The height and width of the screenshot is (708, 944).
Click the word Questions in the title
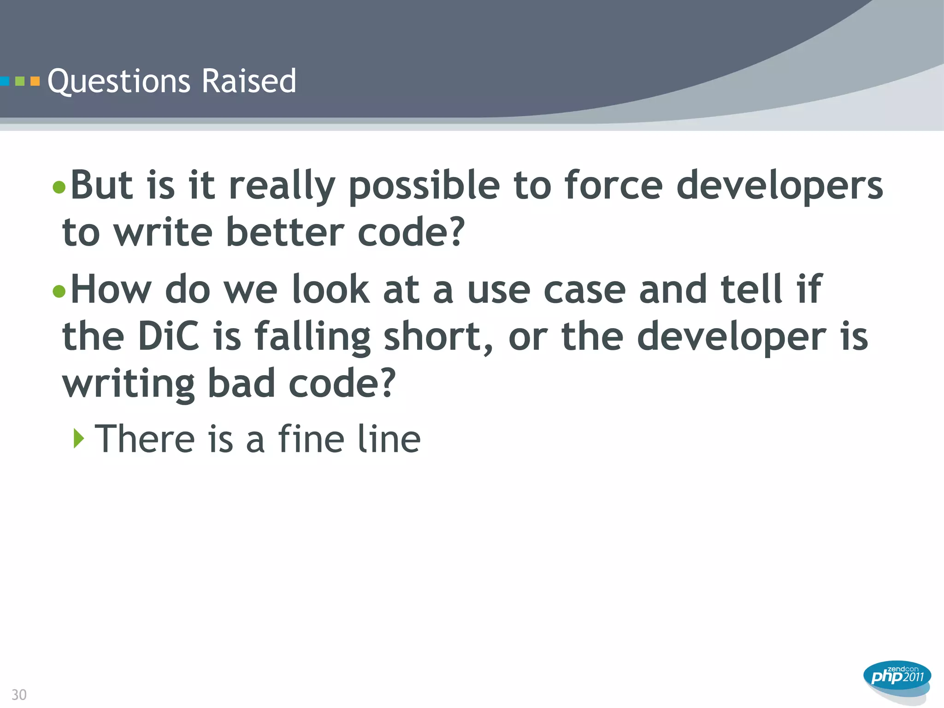[x=118, y=82]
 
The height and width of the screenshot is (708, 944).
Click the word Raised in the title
[x=248, y=81]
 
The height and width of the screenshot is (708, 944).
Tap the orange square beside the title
[x=35, y=82]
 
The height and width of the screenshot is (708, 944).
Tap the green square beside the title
[x=20, y=82]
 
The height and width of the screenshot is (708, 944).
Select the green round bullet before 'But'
[x=59, y=187]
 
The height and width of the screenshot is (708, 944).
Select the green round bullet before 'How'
[x=59, y=291]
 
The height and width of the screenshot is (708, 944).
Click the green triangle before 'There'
[x=79, y=438]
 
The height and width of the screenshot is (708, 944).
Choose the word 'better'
[x=285, y=232]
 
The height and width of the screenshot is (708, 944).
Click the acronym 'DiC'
[x=168, y=336]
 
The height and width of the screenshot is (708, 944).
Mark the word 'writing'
[x=129, y=384]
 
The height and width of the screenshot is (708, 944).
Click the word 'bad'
[x=242, y=383]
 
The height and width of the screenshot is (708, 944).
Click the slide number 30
[x=19, y=694]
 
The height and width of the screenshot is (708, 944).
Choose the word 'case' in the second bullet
[x=584, y=289]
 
